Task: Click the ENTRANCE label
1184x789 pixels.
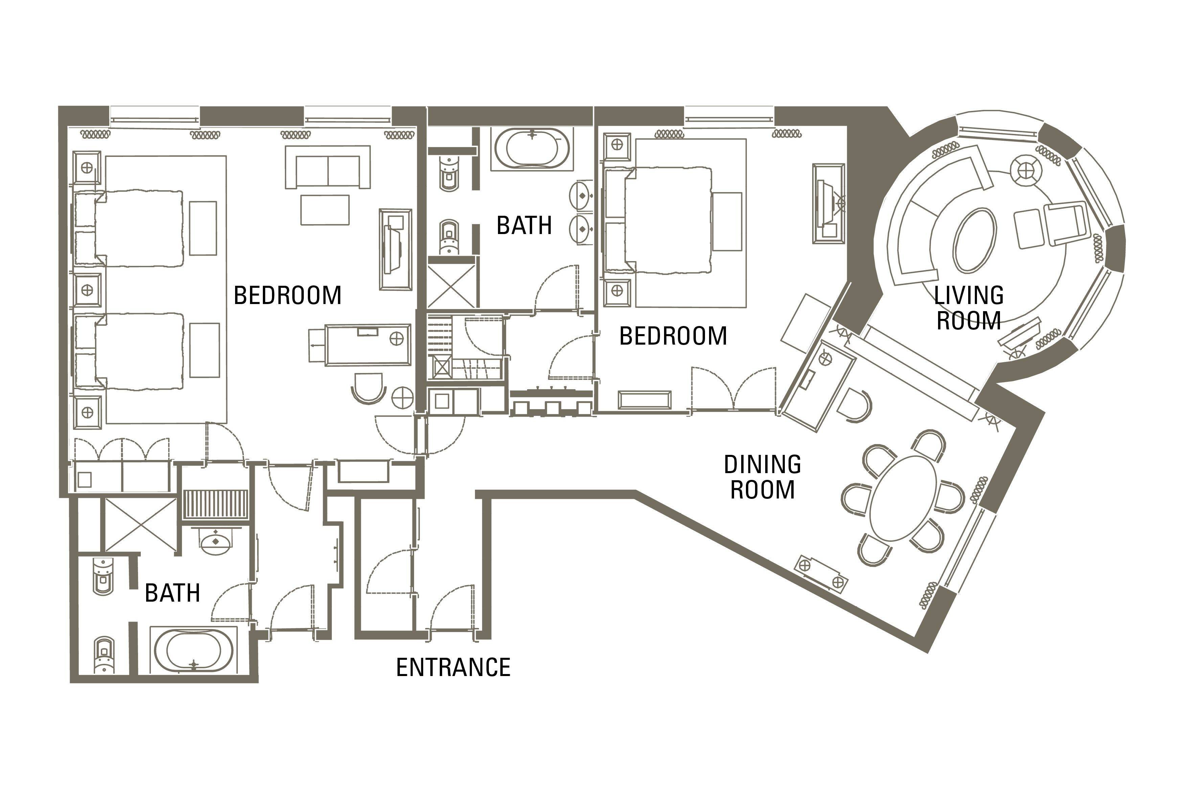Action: coord(453,667)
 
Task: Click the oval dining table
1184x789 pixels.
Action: coord(903,498)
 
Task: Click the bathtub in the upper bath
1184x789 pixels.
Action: coord(532,149)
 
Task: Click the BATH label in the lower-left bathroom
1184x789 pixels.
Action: coord(173,593)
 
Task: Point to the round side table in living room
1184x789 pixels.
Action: coord(1026,170)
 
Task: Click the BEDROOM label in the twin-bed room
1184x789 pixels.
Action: coord(288,295)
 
